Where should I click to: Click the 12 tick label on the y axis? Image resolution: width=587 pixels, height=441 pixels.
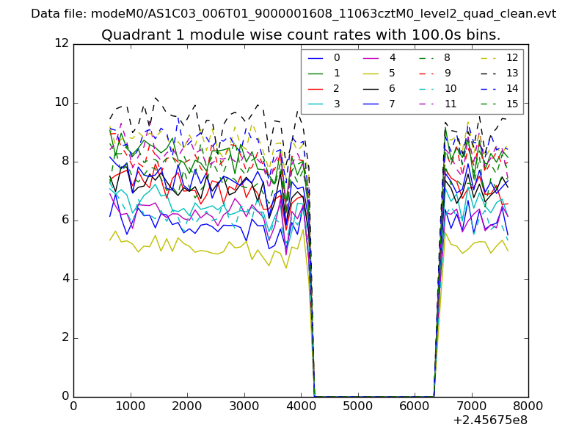(x=62, y=43)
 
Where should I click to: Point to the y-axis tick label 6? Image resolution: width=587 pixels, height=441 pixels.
(x=65, y=220)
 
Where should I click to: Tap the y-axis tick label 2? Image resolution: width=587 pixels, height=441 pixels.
(x=65, y=337)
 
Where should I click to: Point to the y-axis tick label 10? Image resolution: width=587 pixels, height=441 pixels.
(x=62, y=102)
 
